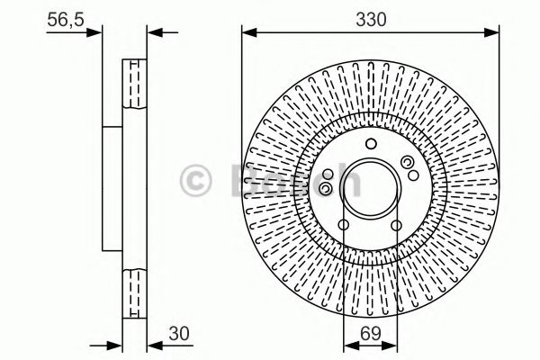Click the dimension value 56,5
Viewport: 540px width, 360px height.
pos(66,20)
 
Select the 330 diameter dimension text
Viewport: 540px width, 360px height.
pos(371,20)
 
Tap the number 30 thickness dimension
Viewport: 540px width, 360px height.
pos(179,334)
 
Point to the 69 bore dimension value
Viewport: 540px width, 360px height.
pos(371,334)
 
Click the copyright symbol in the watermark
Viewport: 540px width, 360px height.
pos(195,181)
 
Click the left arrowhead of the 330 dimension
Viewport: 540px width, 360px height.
pos(249,32)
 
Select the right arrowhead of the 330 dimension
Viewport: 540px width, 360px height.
pos(491,32)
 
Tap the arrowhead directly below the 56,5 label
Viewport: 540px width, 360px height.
pos(94,32)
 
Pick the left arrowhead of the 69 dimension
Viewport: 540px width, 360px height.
pos(351,346)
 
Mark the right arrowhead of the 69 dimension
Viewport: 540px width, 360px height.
pos(390,346)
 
